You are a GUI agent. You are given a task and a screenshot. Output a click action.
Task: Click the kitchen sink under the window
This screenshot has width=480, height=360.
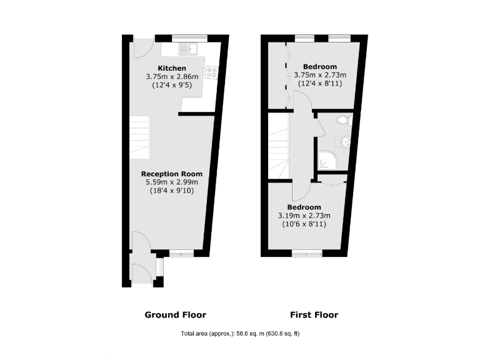click(187, 48)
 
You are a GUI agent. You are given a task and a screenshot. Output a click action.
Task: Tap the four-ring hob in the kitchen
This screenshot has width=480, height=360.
click(211, 73)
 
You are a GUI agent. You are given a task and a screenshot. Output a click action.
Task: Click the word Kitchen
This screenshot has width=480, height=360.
click(171, 67)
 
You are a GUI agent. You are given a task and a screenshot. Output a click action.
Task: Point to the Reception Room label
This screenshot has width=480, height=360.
click(171, 174)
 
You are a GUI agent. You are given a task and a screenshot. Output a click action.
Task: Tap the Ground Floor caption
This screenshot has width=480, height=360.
click(175, 314)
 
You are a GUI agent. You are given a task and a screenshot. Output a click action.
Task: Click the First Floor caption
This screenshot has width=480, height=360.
click(314, 314)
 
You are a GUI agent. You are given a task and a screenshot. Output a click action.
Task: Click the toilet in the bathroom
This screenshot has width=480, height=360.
click(343, 120)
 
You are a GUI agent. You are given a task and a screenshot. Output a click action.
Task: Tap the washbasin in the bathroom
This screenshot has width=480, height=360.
click(346, 142)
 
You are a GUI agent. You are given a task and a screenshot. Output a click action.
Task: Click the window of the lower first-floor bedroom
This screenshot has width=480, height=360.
click(307, 253)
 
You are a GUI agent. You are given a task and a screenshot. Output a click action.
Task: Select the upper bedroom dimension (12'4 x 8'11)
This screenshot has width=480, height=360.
click(319, 83)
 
